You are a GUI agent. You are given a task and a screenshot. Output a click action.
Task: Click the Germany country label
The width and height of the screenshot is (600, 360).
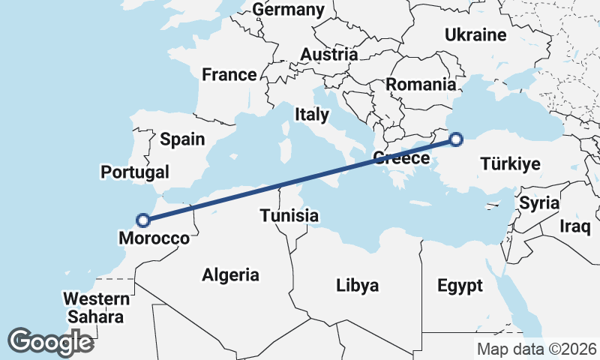point(289,10)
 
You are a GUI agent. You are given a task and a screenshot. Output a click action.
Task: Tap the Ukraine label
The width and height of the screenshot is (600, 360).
point(475,35)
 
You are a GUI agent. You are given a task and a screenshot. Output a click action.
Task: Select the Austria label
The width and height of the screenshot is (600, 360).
point(328,55)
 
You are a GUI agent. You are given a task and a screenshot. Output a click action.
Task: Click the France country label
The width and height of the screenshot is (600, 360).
point(229,75)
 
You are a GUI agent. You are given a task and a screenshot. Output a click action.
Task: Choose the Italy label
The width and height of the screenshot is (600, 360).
point(312,115)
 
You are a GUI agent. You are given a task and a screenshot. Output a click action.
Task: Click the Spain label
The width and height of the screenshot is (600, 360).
point(182,139)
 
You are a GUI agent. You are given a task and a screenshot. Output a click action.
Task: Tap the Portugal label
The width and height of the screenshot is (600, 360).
point(135,172)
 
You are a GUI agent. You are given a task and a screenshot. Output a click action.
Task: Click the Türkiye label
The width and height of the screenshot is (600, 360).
point(510,163)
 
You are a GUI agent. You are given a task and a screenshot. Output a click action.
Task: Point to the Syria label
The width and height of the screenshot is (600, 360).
point(539,202)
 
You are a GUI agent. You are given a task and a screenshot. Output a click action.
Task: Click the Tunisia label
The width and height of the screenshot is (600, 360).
point(289,216)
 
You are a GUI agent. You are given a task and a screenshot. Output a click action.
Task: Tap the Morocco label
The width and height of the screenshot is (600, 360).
point(154,238)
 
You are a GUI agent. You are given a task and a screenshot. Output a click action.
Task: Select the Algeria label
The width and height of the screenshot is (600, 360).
point(231,275)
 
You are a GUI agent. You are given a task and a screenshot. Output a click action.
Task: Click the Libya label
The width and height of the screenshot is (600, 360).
point(357,285)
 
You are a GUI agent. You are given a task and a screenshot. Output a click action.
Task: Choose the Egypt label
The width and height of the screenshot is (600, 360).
point(460,285)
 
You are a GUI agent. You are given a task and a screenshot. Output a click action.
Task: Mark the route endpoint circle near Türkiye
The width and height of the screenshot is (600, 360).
point(456,138)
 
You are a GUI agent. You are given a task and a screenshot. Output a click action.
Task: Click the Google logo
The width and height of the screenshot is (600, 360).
point(50,341)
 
